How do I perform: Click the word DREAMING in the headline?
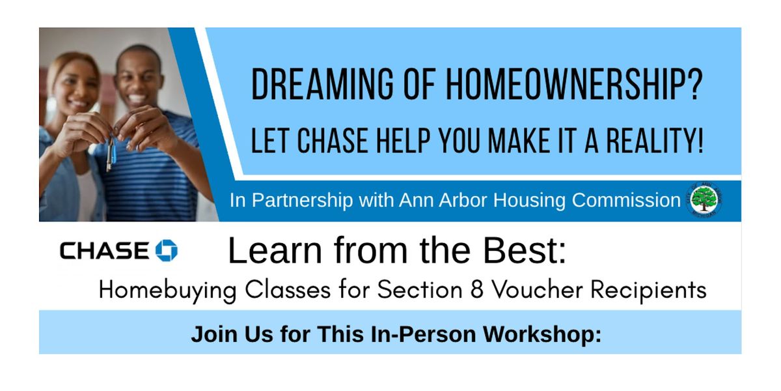point(323,85)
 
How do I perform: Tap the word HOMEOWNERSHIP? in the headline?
point(575,85)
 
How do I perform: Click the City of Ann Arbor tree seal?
point(704,200)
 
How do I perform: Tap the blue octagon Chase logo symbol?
point(167,250)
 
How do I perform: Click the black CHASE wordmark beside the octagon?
point(105,250)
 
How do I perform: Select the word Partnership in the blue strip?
point(302,201)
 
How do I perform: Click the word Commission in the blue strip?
point(626,200)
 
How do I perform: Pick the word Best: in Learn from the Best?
point(525,250)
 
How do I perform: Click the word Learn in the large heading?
point(275,250)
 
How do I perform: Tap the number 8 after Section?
point(476,290)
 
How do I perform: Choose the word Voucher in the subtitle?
point(536,290)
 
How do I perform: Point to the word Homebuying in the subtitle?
point(168,291)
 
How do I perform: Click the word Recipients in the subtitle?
point(648,291)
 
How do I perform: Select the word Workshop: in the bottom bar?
point(542,334)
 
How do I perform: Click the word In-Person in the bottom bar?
point(423,334)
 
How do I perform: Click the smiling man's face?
point(139,79)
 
